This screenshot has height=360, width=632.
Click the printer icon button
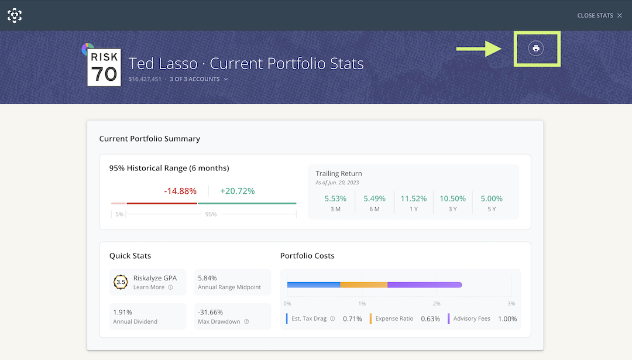pos(535,48)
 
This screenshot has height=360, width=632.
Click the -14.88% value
pos(180,191)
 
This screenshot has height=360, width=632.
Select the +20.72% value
pos(237,191)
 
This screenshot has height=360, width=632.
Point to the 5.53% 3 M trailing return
pos(335,198)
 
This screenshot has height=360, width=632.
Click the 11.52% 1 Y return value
pos(413,198)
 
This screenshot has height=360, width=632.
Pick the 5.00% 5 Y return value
pos(492,198)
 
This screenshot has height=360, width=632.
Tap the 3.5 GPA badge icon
pos(121,282)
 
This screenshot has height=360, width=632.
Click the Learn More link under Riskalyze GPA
pos(149,287)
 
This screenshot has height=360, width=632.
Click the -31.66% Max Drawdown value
pos(211,312)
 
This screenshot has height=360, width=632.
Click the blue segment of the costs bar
pos(314,285)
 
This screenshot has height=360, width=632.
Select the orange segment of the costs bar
pos(363,285)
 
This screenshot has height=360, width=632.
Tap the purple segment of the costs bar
pos(424,285)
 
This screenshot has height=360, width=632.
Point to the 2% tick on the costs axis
pos(437,304)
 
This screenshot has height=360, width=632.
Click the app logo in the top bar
pos(15,15)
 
